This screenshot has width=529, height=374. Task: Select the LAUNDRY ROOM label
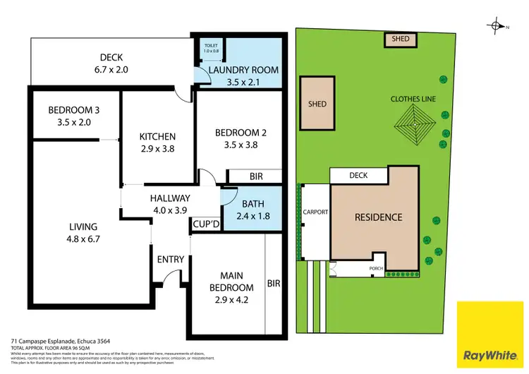242,70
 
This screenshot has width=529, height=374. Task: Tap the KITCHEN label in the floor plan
157,136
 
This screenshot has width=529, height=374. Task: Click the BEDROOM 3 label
74,110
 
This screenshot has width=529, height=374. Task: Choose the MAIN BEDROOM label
231,282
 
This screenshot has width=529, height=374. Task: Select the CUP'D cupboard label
205,225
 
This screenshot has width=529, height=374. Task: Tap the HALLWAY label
170,198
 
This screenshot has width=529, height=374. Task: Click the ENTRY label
171,259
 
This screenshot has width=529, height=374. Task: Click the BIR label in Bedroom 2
256,176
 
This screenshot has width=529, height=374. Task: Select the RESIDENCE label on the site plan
378,217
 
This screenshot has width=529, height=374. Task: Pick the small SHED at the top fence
400,40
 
